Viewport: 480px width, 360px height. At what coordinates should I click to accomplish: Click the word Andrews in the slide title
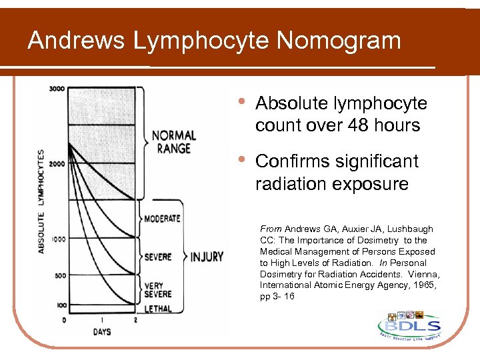(x=76, y=41)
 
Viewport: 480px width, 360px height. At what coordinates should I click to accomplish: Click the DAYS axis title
(x=102, y=331)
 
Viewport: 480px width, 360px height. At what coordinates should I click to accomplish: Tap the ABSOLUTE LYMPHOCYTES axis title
(x=41, y=200)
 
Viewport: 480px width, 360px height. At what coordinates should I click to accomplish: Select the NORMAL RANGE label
(x=174, y=141)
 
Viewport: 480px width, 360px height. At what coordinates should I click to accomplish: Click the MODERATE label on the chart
(x=162, y=218)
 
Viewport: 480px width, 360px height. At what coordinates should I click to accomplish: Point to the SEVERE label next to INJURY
(x=158, y=257)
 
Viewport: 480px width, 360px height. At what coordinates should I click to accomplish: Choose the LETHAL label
(x=157, y=309)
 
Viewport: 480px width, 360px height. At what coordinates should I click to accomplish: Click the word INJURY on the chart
(x=207, y=257)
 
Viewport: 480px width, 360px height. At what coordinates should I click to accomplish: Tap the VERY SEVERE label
(x=157, y=290)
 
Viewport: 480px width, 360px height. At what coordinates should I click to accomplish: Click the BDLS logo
(x=409, y=327)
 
